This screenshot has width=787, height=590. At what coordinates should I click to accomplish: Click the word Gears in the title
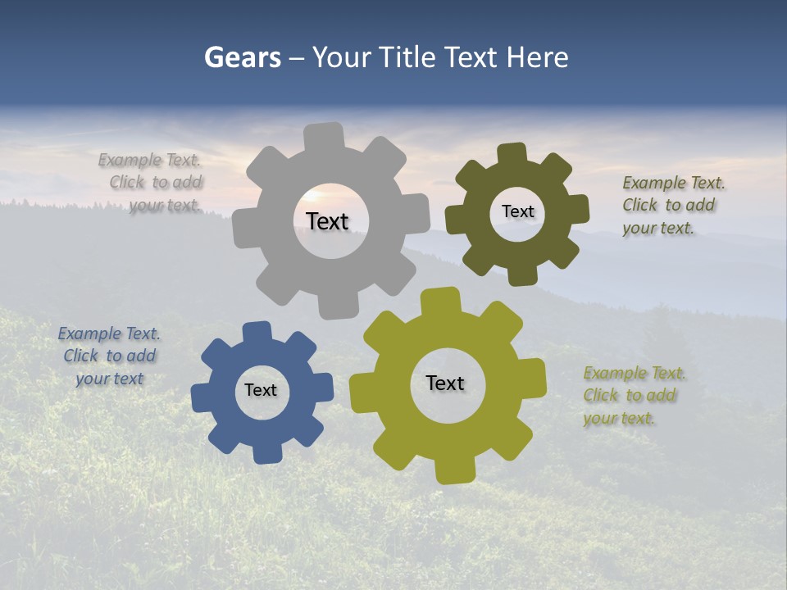pyautogui.click(x=243, y=57)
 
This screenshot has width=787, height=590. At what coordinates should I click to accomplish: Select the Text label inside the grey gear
pyautogui.click(x=327, y=221)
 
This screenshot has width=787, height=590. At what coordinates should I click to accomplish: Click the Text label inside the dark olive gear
pyautogui.click(x=517, y=211)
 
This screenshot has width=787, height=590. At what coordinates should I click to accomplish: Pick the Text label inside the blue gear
pyautogui.click(x=261, y=390)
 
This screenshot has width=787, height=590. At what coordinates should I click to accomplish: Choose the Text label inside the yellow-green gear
pyautogui.click(x=445, y=383)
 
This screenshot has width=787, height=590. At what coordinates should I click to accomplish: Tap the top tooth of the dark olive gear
pyautogui.click(x=512, y=155)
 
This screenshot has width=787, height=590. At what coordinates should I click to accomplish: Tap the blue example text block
pyautogui.click(x=110, y=356)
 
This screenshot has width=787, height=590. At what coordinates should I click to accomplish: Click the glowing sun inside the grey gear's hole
pyautogui.click(x=312, y=197)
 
